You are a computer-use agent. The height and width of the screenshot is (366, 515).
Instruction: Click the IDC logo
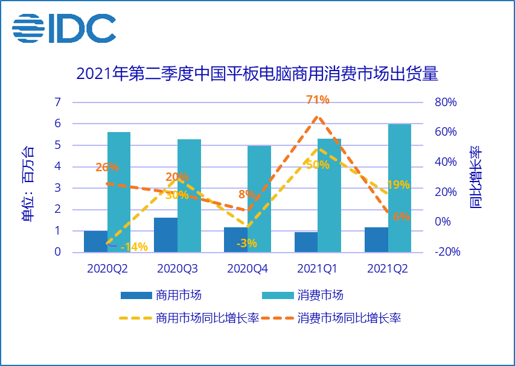click(x=64, y=27)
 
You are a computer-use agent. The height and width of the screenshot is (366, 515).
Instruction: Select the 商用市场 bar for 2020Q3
click(x=165, y=235)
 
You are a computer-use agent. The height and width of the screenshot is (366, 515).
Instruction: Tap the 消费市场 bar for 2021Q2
click(x=399, y=188)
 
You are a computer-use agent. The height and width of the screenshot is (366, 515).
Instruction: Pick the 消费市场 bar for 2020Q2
click(x=119, y=192)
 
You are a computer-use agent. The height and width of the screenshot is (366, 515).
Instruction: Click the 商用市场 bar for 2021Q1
click(x=305, y=242)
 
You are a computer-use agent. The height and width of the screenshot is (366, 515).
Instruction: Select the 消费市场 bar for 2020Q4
click(x=259, y=198)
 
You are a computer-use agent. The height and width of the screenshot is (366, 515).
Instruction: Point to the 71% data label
click(x=317, y=99)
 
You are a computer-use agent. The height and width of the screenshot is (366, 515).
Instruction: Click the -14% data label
click(x=134, y=246)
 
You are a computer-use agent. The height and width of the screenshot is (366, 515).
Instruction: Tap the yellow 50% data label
click(x=318, y=165)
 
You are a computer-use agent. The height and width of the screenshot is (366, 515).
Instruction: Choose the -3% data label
click(x=247, y=244)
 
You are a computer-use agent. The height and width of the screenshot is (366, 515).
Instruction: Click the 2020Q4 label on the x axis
click(x=248, y=268)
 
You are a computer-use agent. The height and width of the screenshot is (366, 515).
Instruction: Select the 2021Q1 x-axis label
click(x=318, y=268)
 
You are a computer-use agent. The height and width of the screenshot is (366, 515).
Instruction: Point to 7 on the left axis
click(x=57, y=102)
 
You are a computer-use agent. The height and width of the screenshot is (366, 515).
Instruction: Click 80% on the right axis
click(x=445, y=102)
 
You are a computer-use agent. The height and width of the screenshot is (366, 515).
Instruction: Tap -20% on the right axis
click(x=447, y=252)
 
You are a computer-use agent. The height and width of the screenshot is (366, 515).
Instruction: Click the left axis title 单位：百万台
click(x=28, y=183)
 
